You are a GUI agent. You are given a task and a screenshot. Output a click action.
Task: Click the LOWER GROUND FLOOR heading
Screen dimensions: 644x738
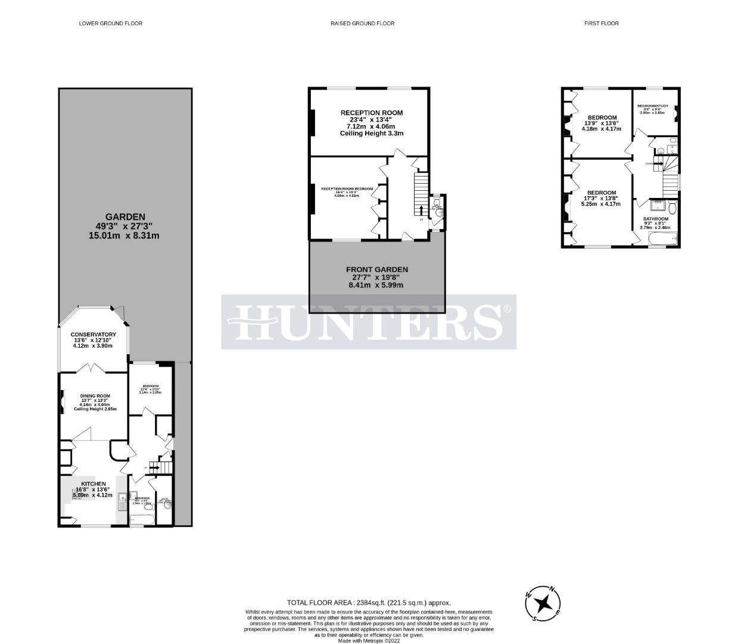point(111,24)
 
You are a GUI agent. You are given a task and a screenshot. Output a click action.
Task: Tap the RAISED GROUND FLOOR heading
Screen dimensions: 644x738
point(362,24)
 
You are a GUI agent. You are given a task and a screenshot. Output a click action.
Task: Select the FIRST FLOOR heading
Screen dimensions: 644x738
point(601,24)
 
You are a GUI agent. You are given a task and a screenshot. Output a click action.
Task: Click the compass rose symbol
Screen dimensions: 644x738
point(543,603)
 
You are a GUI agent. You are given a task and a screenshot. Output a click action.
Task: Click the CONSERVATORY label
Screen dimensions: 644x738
point(93,335)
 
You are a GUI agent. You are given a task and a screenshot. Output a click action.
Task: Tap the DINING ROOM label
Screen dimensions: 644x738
point(95,396)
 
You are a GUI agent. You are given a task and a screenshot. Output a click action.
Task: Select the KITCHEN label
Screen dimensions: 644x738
point(94,484)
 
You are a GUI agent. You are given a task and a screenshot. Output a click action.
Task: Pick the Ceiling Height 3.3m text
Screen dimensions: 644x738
point(372,134)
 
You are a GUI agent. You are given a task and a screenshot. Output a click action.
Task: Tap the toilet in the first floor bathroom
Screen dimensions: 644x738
point(672,207)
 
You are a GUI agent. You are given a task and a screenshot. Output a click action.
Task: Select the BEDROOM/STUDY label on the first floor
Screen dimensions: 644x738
point(653,106)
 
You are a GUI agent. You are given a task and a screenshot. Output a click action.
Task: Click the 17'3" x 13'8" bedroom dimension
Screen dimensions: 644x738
point(600,198)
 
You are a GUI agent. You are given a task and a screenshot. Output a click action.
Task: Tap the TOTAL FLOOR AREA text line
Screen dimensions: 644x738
point(369,602)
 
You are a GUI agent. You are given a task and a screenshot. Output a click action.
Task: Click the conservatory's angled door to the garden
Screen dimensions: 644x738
point(121,312)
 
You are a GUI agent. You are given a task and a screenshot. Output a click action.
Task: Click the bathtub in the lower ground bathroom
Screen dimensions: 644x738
point(143,521)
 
